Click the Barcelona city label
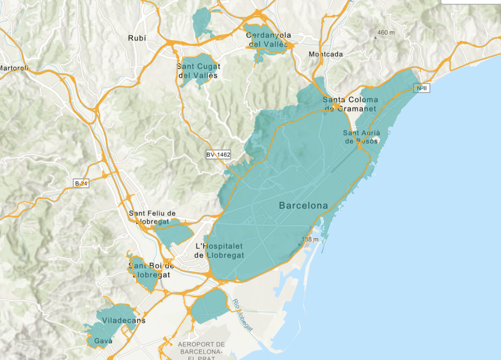tap(303, 206)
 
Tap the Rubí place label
tap(137, 38)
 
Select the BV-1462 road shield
tap(218, 155)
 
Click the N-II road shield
tap(422, 88)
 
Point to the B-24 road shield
tap(81, 184)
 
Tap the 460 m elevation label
tap(386, 33)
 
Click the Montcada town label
tap(326, 54)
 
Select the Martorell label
tap(14, 68)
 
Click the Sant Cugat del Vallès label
tap(198, 71)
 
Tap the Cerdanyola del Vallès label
tap(268, 40)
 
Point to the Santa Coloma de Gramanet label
tap(350, 104)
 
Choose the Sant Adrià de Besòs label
tap(361, 137)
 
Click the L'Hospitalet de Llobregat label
tap(219, 250)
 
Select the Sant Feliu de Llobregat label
tap(152, 217)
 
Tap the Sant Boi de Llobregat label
tap(151, 270)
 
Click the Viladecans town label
tap(123, 321)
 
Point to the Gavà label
tap(103, 341)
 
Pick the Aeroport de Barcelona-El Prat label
tap(201, 351)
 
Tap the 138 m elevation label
tap(310, 239)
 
